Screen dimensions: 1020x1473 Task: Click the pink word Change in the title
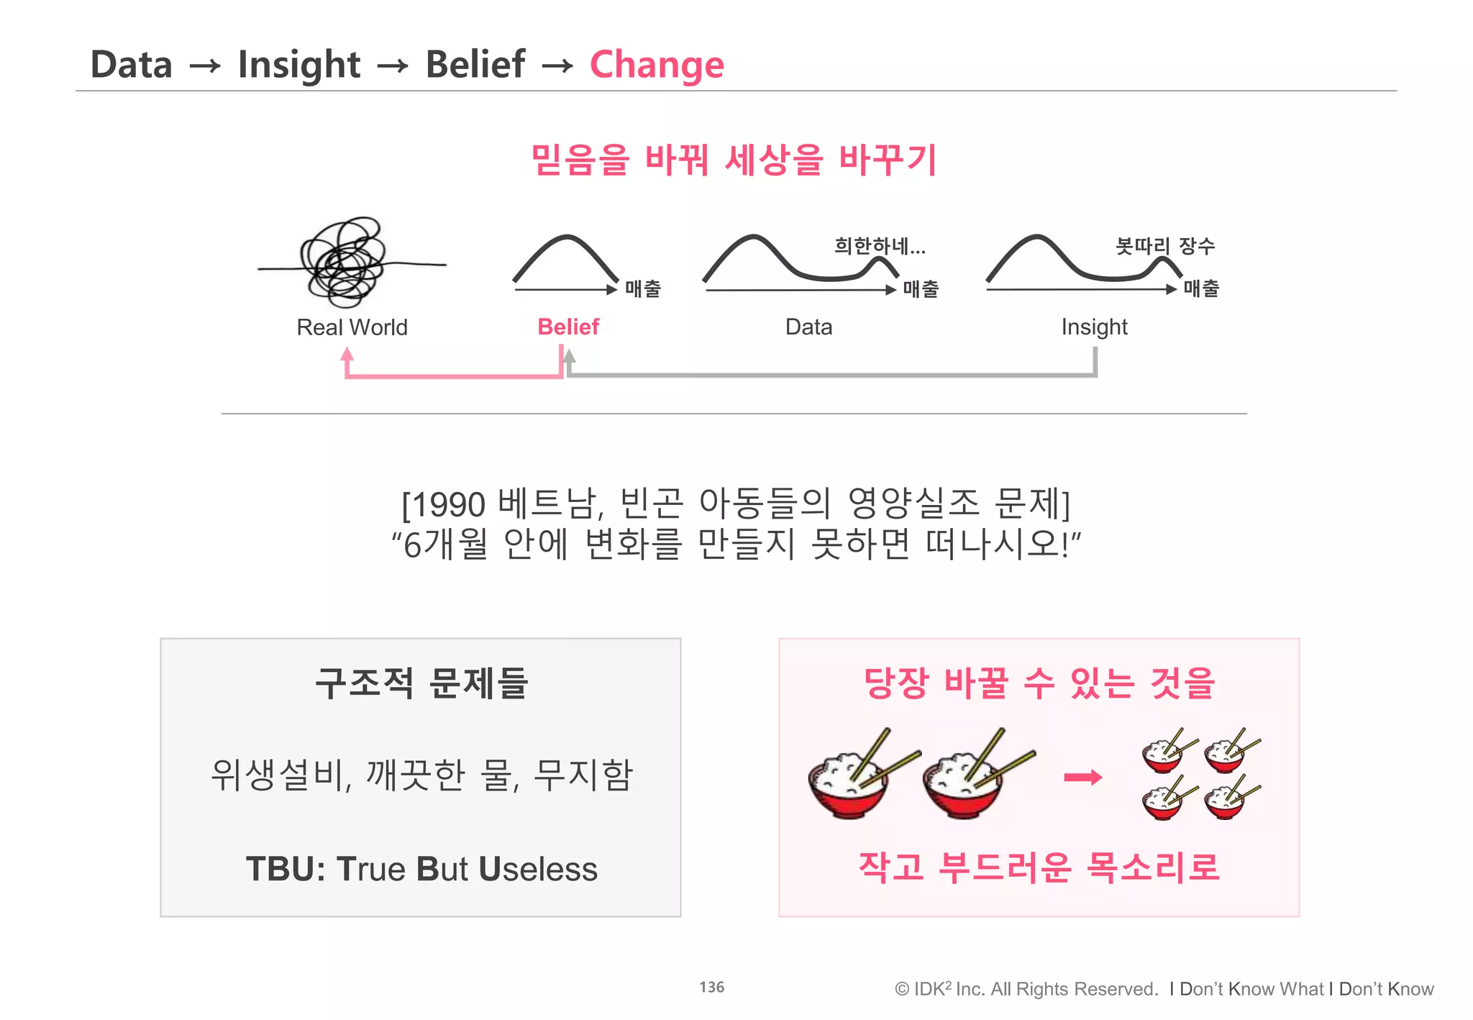pos(656,65)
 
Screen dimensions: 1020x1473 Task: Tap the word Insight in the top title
pos(298,65)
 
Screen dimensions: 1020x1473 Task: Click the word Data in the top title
pos(131,65)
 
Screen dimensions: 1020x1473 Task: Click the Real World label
pos(352,327)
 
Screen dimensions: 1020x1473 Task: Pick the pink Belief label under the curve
pos(568,327)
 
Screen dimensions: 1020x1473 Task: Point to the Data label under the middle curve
pos(808,327)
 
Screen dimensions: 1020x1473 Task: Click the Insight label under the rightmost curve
pos(1094,327)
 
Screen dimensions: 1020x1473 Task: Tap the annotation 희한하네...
pos(879,247)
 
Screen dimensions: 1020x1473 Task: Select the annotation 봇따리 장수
pos(1164,246)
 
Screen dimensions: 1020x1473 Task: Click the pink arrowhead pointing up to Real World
pos(347,354)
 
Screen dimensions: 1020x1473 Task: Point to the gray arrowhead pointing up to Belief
pos(569,355)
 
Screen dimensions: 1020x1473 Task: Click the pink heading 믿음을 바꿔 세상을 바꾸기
pos(734,160)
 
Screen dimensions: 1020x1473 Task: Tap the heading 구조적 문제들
pos(421,683)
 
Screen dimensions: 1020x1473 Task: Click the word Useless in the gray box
pos(537,869)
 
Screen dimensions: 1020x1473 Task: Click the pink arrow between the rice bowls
pos(1082,777)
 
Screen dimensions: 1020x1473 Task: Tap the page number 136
pos(711,988)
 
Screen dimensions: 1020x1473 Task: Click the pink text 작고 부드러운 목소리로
pos(1039,867)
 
